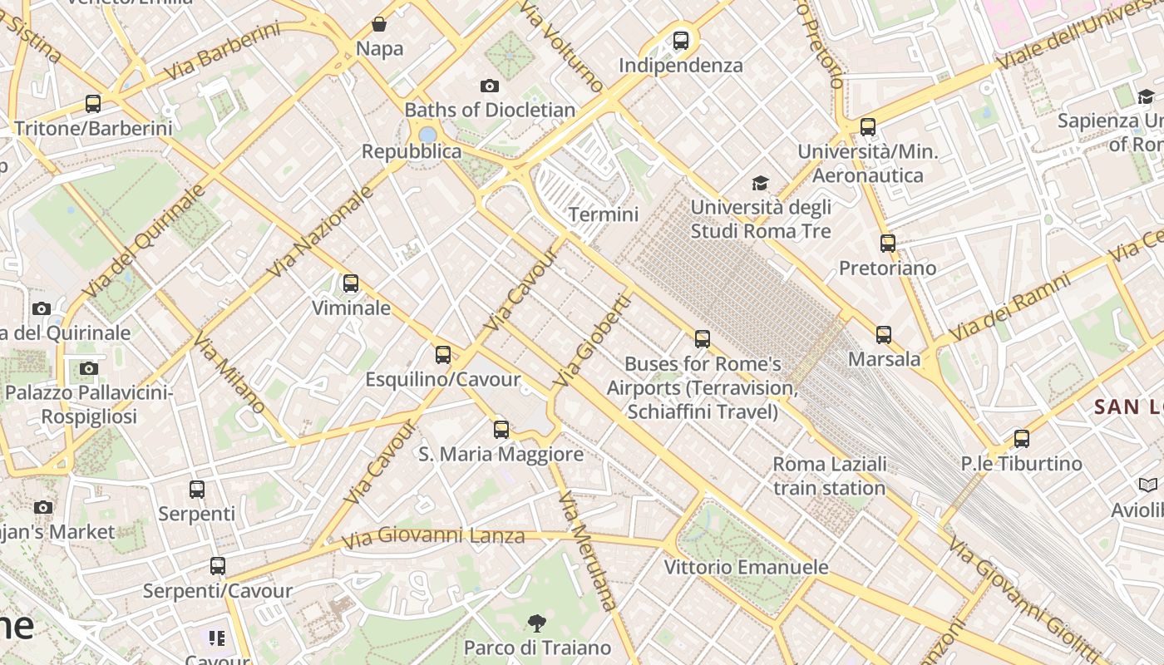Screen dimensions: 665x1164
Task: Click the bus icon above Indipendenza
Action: (680, 40)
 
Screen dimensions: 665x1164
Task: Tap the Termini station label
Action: (603, 214)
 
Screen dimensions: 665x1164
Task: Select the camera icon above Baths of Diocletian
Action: (490, 86)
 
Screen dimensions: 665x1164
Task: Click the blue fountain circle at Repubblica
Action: (427, 135)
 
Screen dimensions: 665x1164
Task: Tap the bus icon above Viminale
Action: (351, 283)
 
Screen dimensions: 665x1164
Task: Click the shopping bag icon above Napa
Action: (379, 24)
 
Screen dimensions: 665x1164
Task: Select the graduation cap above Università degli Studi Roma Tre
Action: (760, 183)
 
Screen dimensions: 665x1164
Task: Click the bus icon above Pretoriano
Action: (888, 244)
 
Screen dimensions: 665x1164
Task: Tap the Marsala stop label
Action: (884, 359)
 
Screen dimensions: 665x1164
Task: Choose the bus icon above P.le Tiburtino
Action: (1022, 439)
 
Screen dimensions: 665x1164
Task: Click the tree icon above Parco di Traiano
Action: (537, 623)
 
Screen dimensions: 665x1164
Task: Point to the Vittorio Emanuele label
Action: (746, 567)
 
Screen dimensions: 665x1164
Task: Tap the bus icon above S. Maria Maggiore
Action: (501, 430)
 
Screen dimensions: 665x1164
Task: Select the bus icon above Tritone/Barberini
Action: (93, 104)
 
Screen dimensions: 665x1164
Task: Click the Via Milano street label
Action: (229, 372)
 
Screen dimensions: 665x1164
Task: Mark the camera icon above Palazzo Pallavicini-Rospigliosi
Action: (89, 368)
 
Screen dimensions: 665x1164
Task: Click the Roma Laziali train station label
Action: (829, 475)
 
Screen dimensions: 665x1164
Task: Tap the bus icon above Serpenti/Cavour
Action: (218, 566)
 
